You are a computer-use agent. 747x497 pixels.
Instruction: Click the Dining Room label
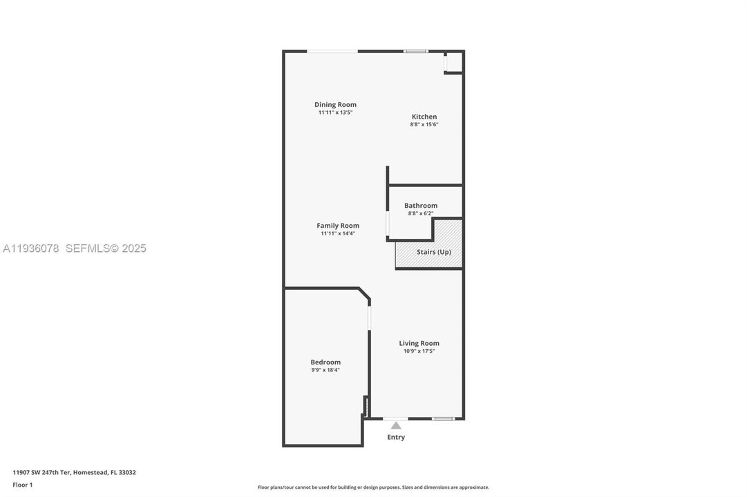click(x=335, y=105)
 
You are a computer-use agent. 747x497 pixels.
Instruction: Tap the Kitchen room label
click(x=424, y=117)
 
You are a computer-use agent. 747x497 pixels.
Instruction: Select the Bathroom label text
click(x=421, y=206)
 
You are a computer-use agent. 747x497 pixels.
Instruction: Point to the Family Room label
click(x=338, y=226)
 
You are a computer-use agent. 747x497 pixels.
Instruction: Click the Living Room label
click(x=419, y=343)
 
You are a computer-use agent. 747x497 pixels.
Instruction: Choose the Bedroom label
click(x=325, y=362)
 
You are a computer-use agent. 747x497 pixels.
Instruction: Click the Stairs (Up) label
click(x=434, y=252)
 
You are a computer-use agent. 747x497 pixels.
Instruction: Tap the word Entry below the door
click(x=396, y=437)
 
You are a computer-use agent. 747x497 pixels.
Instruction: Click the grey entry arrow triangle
click(x=396, y=425)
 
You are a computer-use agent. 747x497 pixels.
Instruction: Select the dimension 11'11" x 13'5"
click(x=335, y=113)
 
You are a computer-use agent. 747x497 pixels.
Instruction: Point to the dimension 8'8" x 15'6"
click(x=424, y=124)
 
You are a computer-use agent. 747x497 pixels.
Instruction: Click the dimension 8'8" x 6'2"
click(x=421, y=213)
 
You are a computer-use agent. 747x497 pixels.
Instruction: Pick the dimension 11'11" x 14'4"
click(x=338, y=233)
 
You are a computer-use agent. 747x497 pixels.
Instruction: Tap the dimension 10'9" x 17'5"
click(x=419, y=351)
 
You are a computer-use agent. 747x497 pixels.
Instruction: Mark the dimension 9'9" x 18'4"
click(x=325, y=370)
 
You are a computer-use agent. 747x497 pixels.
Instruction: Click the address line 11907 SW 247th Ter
click(x=74, y=473)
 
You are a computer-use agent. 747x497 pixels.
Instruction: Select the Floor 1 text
click(x=23, y=485)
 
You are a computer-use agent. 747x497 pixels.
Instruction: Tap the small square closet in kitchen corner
click(x=453, y=63)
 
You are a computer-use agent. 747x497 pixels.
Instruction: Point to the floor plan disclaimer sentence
click(x=373, y=487)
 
